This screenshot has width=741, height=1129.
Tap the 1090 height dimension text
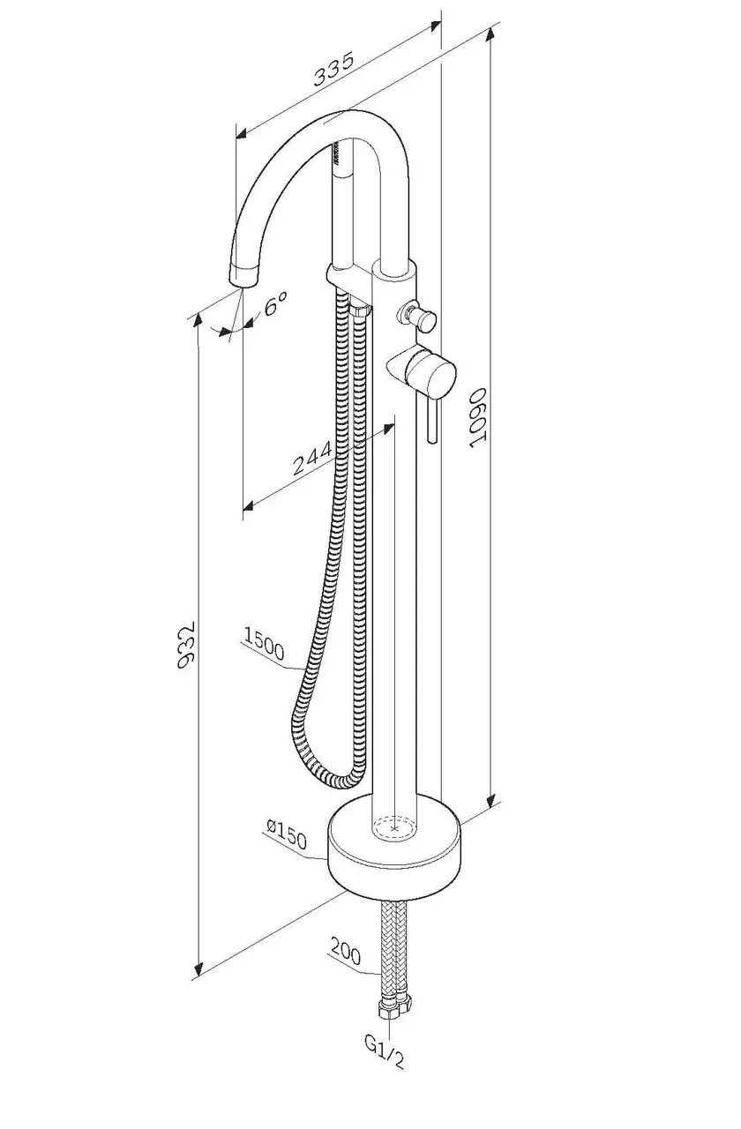pyautogui.click(x=477, y=421)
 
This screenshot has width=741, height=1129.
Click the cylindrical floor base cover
pyautogui.click(x=393, y=851)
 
